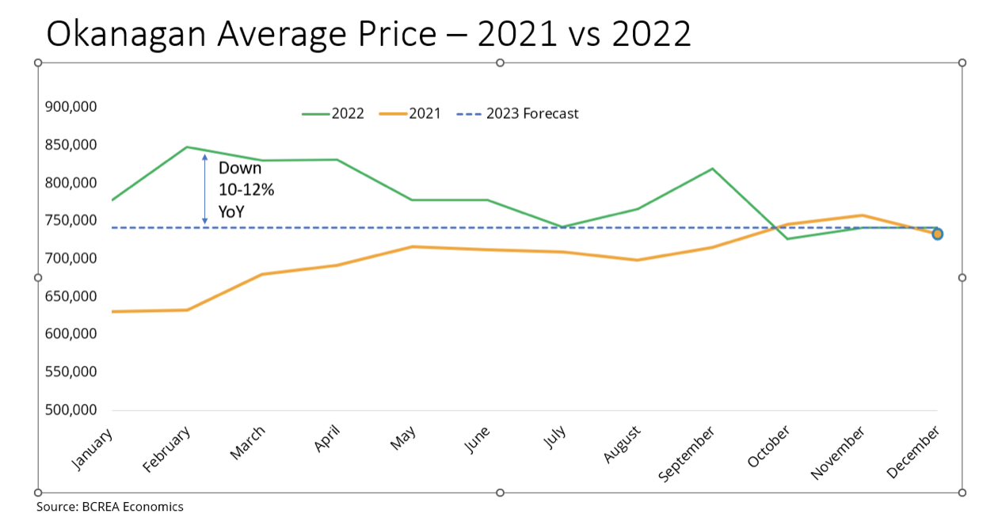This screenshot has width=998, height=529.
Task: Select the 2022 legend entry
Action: pos(333,114)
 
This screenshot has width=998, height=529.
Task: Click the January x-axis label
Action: pos(93,449)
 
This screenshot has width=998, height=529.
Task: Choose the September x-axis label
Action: pos(688,453)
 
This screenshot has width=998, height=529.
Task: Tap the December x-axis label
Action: pos(914,451)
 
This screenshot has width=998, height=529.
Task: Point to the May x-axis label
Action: pos(404,439)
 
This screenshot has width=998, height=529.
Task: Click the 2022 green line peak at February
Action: pos(187,147)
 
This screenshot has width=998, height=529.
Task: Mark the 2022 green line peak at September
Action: pos(712,169)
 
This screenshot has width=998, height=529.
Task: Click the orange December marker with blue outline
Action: pos(937,234)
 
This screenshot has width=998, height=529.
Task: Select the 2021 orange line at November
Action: pos(863,215)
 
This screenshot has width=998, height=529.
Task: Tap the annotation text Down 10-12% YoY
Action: pos(246,190)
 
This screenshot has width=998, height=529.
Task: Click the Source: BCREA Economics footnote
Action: pos(109,507)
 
